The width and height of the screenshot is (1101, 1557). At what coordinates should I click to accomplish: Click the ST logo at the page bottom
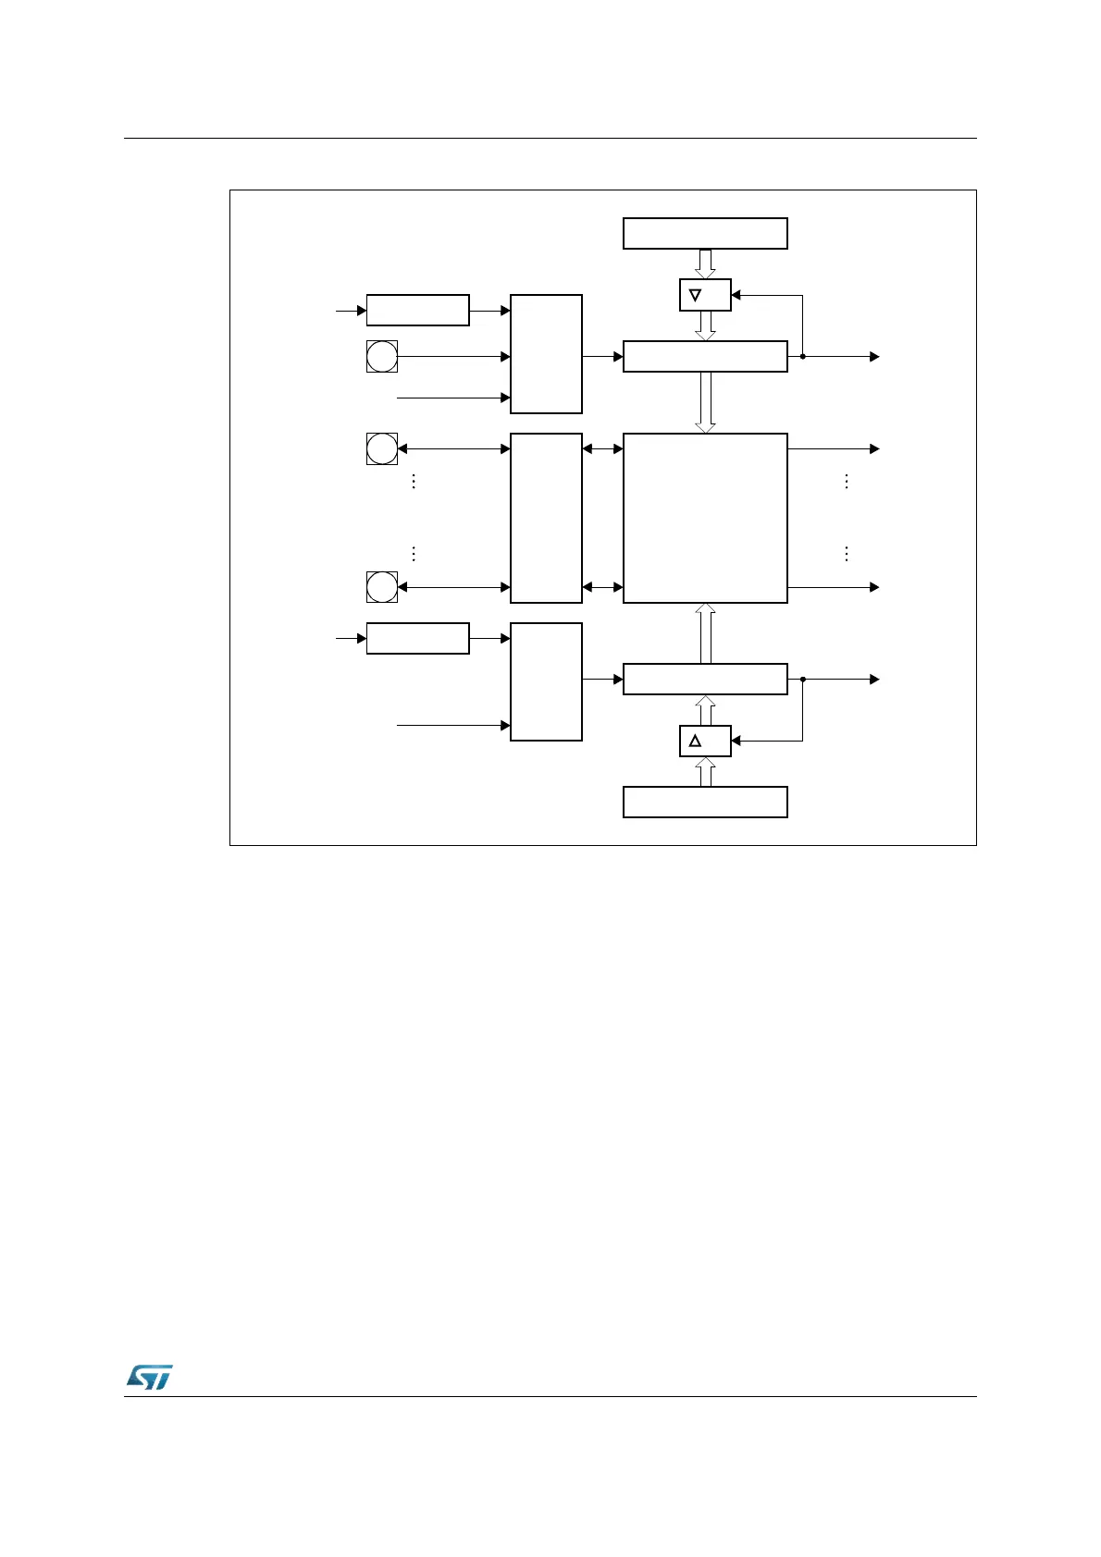coord(148,1377)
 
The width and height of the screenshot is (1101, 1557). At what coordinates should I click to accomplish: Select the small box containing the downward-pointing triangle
coord(705,295)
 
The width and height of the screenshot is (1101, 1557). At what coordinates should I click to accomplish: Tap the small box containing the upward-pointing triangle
coord(705,741)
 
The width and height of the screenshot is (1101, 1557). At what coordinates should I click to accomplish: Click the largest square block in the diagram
coord(705,518)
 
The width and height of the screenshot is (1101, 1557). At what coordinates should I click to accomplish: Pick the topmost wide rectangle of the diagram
coord(705,234)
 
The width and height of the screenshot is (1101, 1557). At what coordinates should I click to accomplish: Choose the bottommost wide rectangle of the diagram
coord(705,802)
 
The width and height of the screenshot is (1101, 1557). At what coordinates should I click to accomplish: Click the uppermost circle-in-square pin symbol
coord(382,356)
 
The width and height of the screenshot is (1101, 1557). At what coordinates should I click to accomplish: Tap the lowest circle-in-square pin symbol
coord(382,587)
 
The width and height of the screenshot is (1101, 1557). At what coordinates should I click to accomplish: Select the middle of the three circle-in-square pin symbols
coord(382,448)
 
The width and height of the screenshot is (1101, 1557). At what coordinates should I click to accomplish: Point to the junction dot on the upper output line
coord(802,356)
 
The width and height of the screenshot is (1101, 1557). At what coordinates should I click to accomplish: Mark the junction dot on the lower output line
coord(802,680)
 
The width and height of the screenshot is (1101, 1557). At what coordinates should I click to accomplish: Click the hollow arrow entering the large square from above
coord(705,402)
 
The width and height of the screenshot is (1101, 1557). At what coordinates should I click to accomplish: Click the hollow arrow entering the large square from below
coord(705,633)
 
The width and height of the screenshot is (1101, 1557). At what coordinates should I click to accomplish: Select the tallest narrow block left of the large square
coord(546,518)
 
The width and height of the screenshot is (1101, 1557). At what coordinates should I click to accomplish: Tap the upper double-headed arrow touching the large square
coord(602,448)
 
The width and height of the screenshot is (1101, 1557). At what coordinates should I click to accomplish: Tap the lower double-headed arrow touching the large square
coord(602,587)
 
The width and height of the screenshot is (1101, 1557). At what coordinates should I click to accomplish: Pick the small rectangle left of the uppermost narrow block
coord(417,311)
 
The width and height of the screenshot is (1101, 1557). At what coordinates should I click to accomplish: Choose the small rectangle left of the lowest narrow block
coord(417,638)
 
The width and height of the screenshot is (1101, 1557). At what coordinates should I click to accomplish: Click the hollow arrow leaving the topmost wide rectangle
coord(705,264)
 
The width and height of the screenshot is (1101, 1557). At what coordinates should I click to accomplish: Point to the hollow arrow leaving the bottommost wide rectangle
coord(705,771)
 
